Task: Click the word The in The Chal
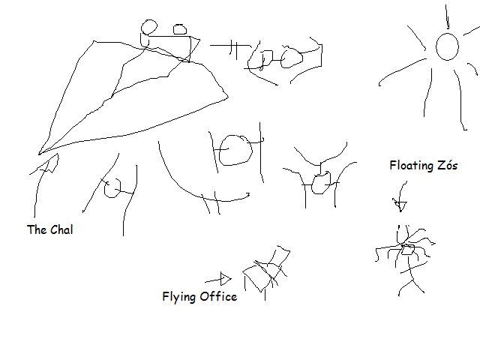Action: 37,229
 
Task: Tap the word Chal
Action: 61,229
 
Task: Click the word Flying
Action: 179,297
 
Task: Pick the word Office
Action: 218,296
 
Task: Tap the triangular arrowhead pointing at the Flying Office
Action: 226,278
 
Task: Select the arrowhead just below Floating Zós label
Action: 400,205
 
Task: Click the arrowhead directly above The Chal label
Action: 52,163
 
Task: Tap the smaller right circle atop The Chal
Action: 180,29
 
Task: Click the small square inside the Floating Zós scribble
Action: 407,250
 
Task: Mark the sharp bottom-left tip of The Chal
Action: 39,154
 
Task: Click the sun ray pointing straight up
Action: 447,16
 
